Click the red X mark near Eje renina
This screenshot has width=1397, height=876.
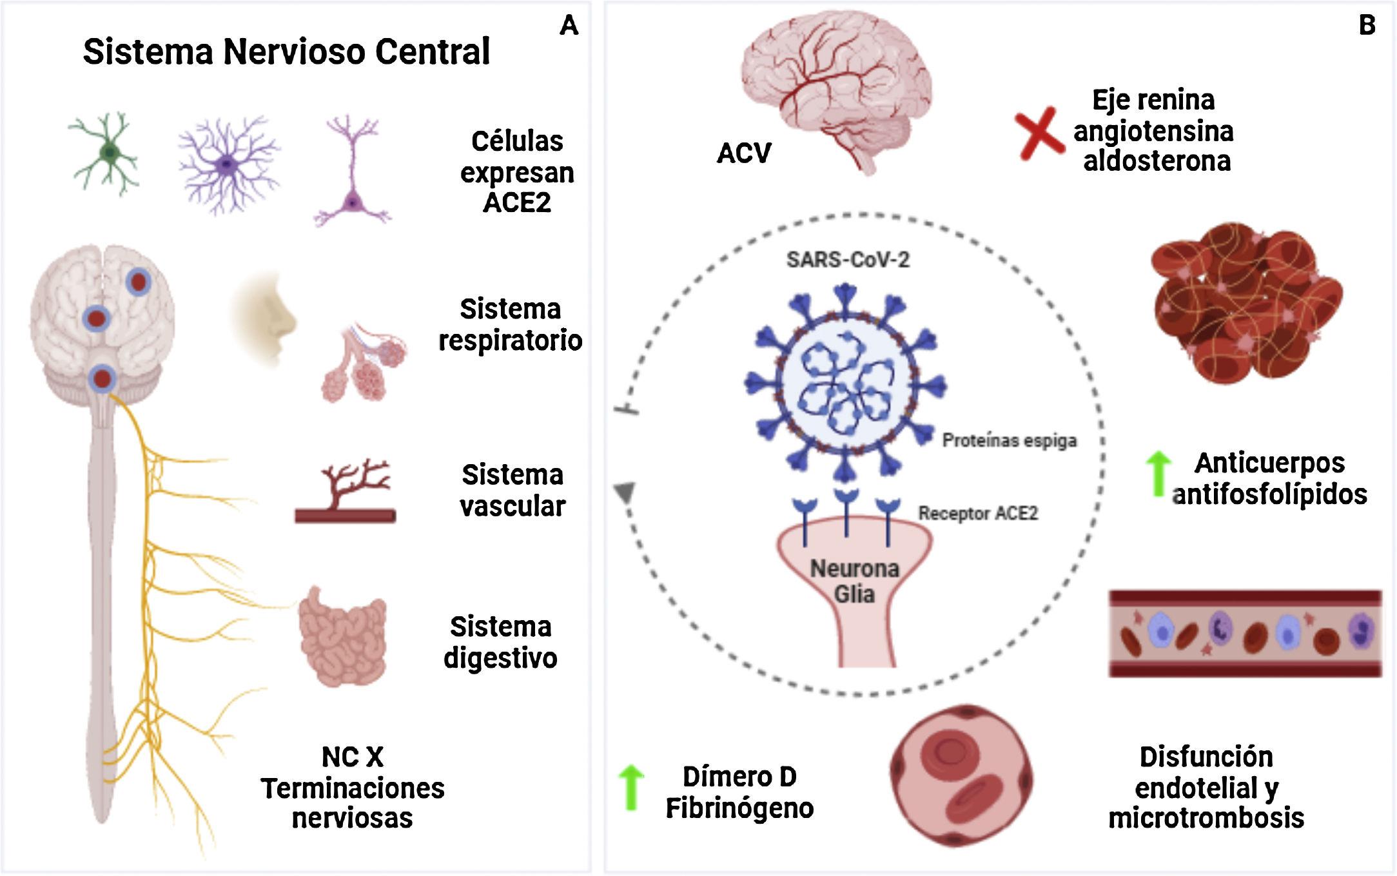pos(1039,133)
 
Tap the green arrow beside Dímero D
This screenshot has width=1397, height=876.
pos(630,787)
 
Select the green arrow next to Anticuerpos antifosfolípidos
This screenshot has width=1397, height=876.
pos(1158,474)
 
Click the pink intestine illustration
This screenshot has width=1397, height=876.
pos(343,636)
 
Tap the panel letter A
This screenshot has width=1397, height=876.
pos(569,26)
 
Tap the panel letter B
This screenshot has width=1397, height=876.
pos(1367,26)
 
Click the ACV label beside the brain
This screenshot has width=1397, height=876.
pos(744,153)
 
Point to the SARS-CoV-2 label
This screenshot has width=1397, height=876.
pos(848,260)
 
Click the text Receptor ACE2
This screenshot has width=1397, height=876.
pos(977,514)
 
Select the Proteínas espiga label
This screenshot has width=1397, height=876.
pos(1009,441)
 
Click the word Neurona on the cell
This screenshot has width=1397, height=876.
pos(854,569)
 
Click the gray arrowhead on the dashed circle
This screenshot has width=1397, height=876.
pos(624,492)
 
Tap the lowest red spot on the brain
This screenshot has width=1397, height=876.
pos(102,378)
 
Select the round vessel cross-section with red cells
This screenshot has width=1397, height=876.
pos(961,775)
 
